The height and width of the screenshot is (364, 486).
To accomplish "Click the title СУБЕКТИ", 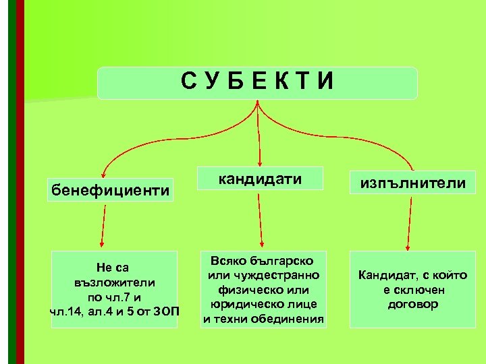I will [x=257, y=82].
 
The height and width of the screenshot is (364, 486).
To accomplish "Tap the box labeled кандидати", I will [x=260, y=179].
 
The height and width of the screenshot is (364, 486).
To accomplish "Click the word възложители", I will [x=115, y=282].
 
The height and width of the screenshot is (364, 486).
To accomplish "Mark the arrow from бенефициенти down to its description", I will [x=103, y=226].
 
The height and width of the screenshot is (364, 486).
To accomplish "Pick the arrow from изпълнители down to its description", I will [x=408, y=226].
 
